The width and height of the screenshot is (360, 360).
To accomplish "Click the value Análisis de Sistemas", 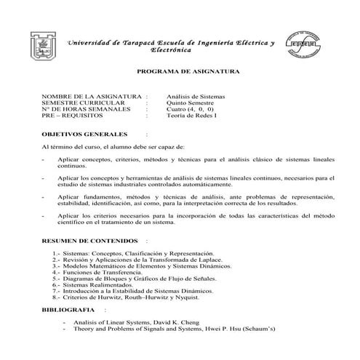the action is click(x=196, y=97).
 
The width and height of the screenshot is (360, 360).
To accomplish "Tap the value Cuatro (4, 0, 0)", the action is click(x=191, y=110).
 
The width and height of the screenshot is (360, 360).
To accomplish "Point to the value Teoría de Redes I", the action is click(x=191, y=116).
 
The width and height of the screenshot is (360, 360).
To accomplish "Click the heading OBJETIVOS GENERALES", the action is click(x=85, y=135).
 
